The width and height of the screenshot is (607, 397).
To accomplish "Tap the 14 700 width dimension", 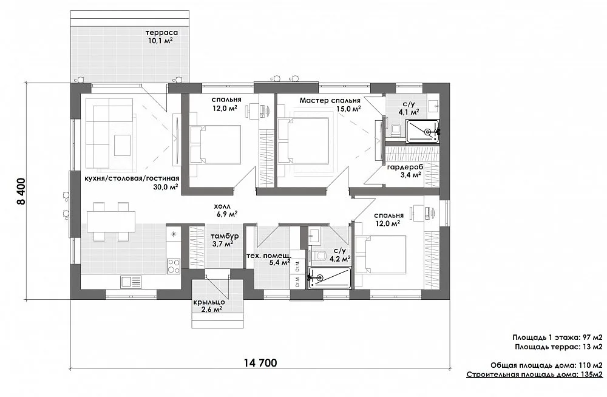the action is point(260,363).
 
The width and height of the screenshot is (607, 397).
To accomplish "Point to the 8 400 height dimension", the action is point(21,191).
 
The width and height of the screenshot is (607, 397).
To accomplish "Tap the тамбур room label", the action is point(225,236).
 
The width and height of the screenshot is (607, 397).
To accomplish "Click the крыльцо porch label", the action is point(209,302).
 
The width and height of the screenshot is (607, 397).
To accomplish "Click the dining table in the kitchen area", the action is point(111,221).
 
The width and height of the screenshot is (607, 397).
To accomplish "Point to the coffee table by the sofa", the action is point(123,145).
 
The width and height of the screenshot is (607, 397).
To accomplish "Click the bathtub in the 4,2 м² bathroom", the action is point(330,277).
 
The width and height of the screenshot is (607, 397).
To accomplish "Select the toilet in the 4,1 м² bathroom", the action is point(395,130).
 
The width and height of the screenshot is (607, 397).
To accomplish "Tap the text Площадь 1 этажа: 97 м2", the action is point(557,338).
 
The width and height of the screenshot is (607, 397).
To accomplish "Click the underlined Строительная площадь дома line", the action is point(535,375).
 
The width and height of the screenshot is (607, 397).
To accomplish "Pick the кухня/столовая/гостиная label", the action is point(132,178).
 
